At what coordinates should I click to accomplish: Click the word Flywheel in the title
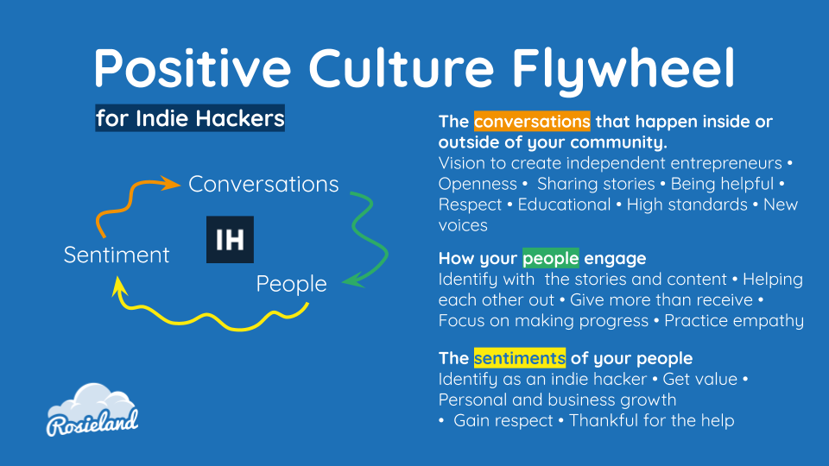(x=623, y=70)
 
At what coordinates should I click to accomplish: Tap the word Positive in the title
(x=193, y=68)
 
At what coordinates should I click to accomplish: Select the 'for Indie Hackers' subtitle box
(x=190, y=118)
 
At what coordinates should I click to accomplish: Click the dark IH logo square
(x=230, y=239)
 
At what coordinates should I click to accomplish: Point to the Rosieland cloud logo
(x=92, y=410)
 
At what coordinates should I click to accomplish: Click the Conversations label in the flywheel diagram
(x=263, y=185)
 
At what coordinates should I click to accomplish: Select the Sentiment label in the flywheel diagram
(x=117, y=255)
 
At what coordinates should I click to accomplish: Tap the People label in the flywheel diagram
(x=291, y=284)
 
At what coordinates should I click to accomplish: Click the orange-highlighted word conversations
(x=532, y=121)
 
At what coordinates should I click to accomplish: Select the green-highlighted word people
(x=550, y=258)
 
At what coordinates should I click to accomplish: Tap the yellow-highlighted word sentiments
(x=520, y=358)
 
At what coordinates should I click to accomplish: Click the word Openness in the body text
(x=478, y=185)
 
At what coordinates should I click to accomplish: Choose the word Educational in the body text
(x=564, y=205)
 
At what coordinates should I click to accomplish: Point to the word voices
(x=463, y=225)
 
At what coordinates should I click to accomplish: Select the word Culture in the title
(x=402, y=68)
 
